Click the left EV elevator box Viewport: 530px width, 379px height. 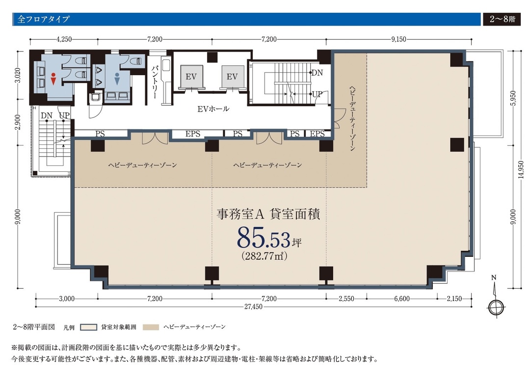191,77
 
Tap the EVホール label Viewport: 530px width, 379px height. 213,109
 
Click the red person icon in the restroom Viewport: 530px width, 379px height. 53,79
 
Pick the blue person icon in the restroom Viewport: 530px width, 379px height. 117,79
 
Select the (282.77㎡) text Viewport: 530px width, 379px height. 264,256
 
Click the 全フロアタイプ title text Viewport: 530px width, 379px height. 43,20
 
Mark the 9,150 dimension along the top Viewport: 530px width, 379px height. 398,39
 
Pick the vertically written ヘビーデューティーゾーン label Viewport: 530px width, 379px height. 352,117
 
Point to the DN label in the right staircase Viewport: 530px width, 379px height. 317,72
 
